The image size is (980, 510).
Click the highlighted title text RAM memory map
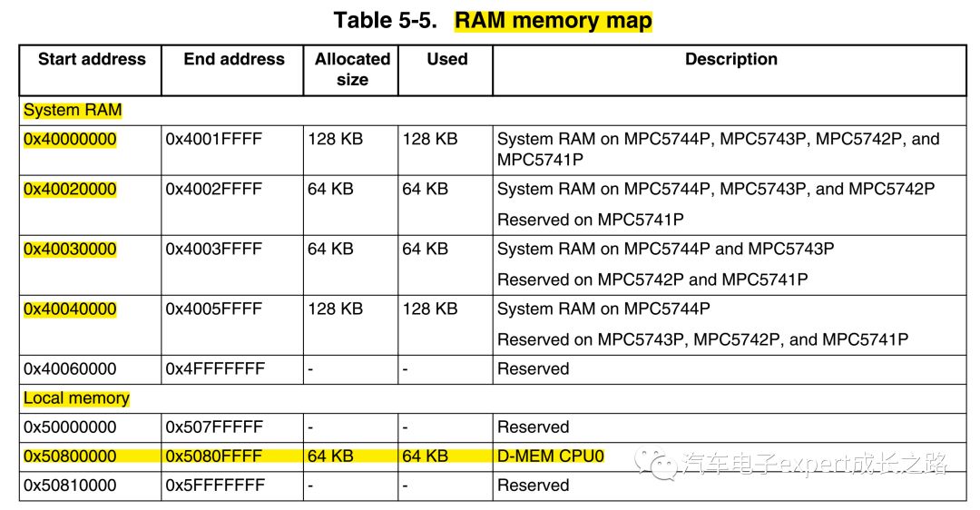pyautogui.click(x=553, y=20)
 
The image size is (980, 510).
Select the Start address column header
pyautogui.click(x=92, y=60)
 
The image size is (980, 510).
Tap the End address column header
pyautogui.click(x=234, y=60)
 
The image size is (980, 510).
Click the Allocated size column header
pyautogui.click(x=352, y=70)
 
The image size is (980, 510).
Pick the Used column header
pyautogui.click(x=446, y=60)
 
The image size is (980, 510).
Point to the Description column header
pyautogui.click(x=730, y=60)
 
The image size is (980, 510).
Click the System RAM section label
pyautogui.click(x=73, y=111)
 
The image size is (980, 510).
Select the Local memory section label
pyautogui.click(x=76, y=398)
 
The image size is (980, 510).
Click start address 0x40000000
pyautogui.click(x=70, y=140)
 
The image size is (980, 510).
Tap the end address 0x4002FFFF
pyautogui.click(x=213, y=190)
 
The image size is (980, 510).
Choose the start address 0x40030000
pyautogui.click(x=70, y=250)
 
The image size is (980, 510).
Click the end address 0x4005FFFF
pyautogui.click(x=213, y=309)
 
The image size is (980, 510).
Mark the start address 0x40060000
pyautogui.click(x=70, y=369)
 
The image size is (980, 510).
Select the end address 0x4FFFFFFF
pyautogui.click(x=215, y=369)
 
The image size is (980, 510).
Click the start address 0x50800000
pyautogui.click(x=70, y=456)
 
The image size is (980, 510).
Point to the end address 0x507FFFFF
pyautogui.click(x=214, y=427)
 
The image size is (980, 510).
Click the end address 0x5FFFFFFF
pyautogui.click(x=214, y=485)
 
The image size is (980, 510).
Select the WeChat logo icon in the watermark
pyautogui.click(x=656, y=464)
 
